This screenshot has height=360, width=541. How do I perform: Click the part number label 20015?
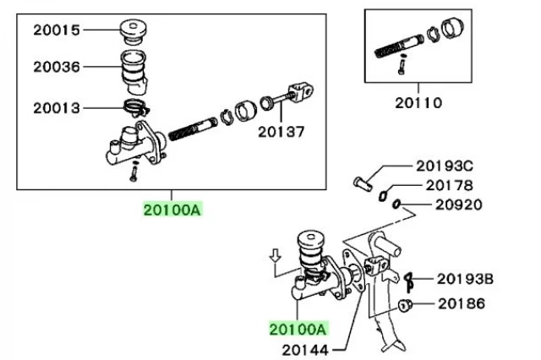57,30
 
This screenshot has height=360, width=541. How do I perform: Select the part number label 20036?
57,67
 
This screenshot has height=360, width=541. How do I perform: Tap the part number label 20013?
57,108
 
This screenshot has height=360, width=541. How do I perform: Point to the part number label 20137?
281,132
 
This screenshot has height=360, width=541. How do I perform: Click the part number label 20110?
418,103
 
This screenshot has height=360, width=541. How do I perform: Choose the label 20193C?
445,166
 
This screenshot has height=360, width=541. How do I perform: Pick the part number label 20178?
449,186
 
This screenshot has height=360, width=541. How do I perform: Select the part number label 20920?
458,205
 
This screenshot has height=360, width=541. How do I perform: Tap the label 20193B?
465,279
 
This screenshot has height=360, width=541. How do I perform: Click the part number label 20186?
462,303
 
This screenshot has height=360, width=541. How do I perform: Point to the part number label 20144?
305,351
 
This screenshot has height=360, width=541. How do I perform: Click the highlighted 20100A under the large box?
172,210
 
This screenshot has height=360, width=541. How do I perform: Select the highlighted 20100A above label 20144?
298,329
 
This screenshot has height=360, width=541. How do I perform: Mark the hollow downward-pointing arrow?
275,255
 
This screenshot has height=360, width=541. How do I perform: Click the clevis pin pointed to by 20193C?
363,183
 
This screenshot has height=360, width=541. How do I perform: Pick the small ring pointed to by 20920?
396,204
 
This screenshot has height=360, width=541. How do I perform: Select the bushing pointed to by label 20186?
405,305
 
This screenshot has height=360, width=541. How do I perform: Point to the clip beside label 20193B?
409,281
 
